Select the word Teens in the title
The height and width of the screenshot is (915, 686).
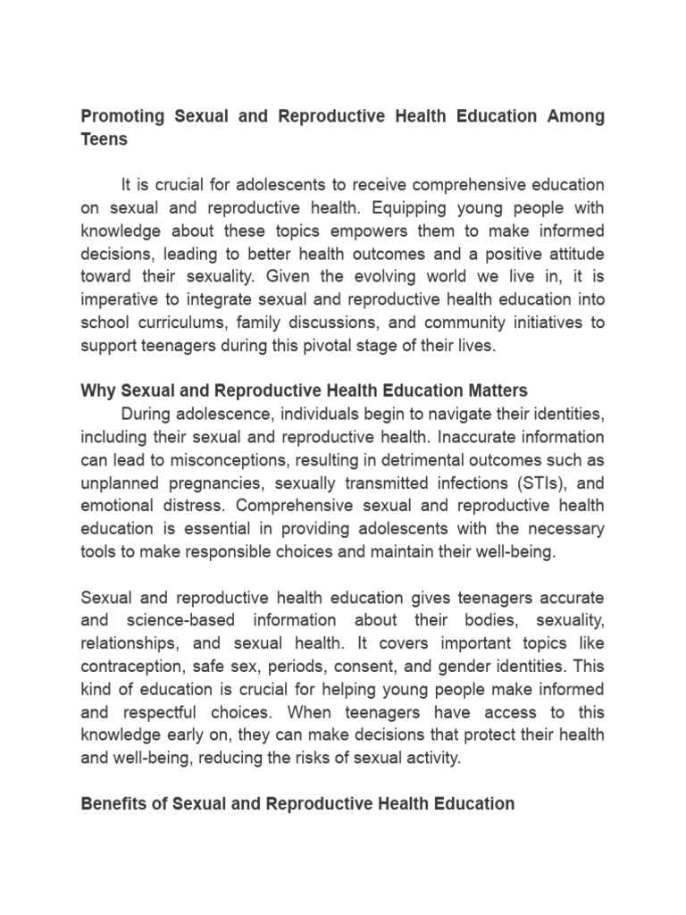click(105, 139)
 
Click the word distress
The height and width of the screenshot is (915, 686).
click(180, 506)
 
